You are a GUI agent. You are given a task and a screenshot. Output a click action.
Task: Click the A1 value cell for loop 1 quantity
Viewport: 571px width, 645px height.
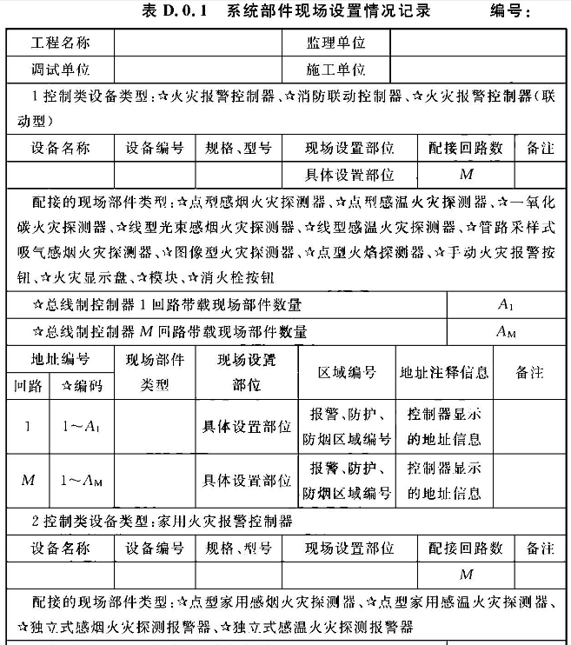507,304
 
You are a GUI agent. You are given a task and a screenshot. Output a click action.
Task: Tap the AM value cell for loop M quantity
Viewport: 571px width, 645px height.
507,330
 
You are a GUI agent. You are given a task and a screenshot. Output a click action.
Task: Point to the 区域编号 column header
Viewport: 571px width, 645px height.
348,372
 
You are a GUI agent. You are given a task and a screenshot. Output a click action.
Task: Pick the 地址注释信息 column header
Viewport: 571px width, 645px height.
444,372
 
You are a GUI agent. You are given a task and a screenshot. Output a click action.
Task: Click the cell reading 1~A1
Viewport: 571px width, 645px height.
82,427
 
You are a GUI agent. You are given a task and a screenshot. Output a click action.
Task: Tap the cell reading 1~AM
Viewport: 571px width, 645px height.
82,480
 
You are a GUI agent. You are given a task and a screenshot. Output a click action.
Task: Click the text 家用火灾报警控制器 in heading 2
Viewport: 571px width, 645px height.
225,522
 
